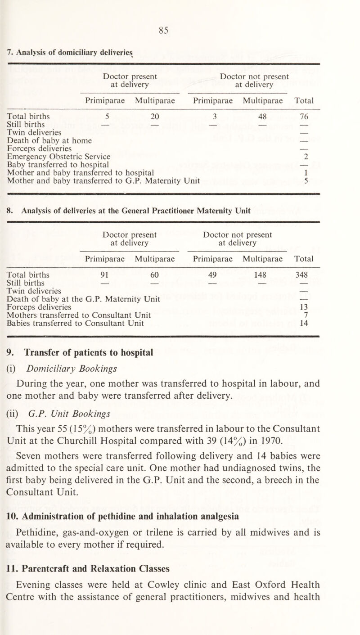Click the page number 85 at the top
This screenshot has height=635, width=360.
pyautogui.click(x=180, y=31)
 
